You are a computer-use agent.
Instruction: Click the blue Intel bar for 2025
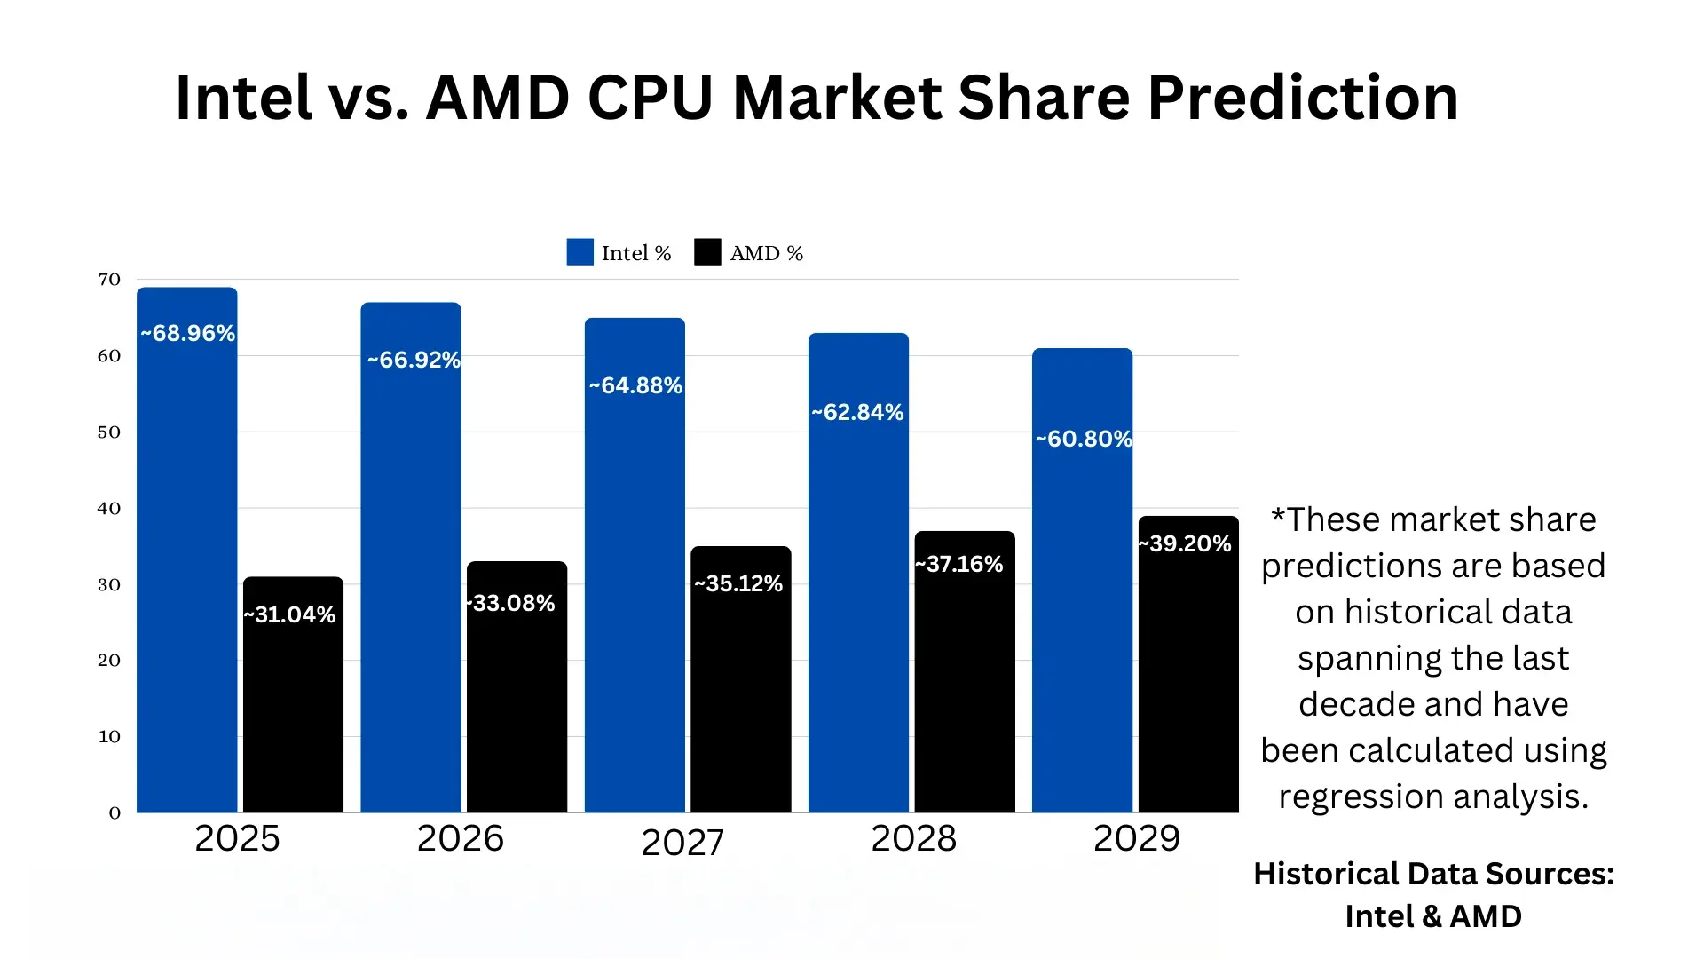click(186, 568)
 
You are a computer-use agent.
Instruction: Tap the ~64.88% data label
click(635, 386)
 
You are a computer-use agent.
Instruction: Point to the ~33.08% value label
click(511, 604)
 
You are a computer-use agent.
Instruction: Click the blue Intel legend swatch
click(580, 252)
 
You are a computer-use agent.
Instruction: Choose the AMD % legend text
click(766, 254)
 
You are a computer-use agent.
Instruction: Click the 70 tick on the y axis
click(109, 280)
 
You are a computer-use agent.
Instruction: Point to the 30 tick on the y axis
click(109, 585)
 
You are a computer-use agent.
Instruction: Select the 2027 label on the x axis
click(682, 843)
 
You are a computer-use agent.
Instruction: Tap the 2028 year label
click(913, 839)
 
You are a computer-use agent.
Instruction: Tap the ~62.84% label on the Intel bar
click(857, 413)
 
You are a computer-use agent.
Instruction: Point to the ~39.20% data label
click(1186, 544)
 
